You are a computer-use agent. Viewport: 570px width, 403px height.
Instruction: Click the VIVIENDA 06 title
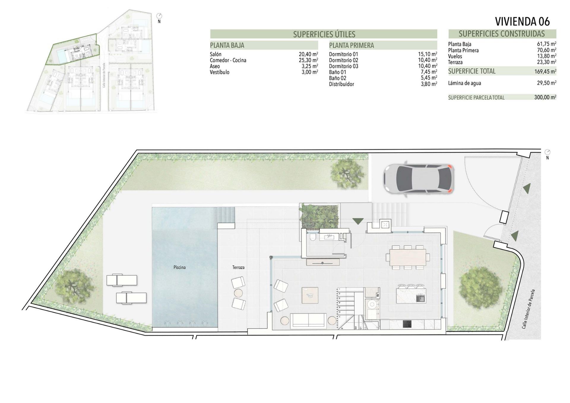(x=522, y=21)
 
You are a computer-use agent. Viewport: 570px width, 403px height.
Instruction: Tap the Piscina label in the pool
(x=179, y=267)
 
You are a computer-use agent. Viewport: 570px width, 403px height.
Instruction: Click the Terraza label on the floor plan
(x=238, y=267)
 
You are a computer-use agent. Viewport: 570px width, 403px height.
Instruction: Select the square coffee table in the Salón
(x=310, y=295)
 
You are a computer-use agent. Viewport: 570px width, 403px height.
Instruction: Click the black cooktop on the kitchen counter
(x=407, y=324)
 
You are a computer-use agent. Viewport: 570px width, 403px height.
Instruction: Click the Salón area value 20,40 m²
(x=308, y=54)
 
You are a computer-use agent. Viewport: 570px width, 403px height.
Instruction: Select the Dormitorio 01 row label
(x=343, y=54)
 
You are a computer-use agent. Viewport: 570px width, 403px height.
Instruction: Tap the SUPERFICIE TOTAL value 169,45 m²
(x=545, y=71)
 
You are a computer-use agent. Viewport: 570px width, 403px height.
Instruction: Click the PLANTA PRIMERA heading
(x=351, y=45)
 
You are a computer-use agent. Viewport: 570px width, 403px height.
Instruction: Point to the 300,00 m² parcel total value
(x=545, y=97)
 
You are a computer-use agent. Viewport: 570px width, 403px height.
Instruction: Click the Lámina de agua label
(x=464, y=83)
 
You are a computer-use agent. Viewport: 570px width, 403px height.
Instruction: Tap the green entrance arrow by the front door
(x=358, y=221)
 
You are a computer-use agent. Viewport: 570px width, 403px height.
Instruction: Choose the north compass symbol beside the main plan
(x=547, y=152)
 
